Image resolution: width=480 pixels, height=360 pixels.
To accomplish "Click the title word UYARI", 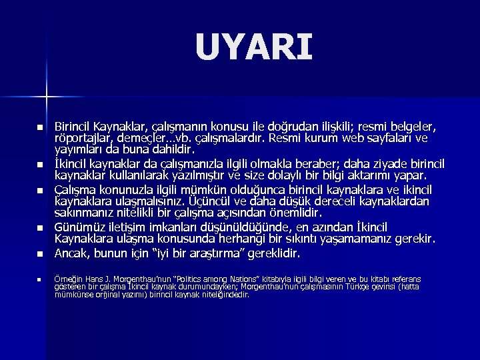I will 254,48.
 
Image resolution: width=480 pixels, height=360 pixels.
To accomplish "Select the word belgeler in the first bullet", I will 415,127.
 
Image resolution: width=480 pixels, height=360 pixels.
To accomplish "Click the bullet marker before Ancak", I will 39,254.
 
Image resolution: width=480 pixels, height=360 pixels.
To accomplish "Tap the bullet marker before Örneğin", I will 39,279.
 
